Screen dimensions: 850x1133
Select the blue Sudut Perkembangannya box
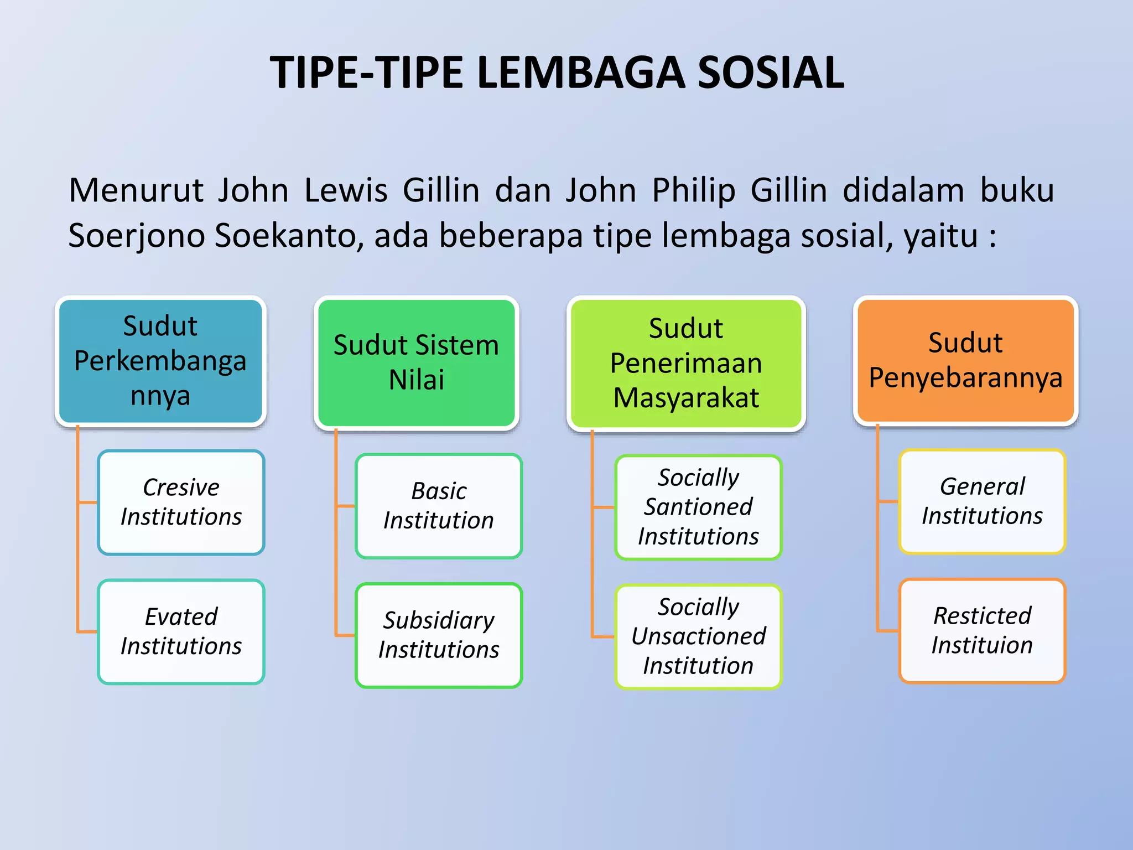pos(160,361)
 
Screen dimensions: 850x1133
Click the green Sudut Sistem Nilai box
pos(416,362)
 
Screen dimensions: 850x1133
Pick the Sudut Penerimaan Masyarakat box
pos(686,363)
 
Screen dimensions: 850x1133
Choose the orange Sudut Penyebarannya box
pos(965,360)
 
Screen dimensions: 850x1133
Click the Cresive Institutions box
pos(181,502)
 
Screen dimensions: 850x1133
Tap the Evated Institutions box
pos(181,631)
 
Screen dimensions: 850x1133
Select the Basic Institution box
pos(439,506)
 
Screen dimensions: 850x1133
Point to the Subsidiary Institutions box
pos(439,635)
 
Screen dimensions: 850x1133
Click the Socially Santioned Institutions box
pos(698,507)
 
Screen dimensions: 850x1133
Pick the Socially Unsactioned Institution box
pos(698,636)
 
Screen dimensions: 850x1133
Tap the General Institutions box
pos(982,501)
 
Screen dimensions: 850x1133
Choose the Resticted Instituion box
pos(982,630)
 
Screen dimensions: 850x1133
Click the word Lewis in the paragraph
pos(346,190)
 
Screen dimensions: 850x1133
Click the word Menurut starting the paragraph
pos(136,190)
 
